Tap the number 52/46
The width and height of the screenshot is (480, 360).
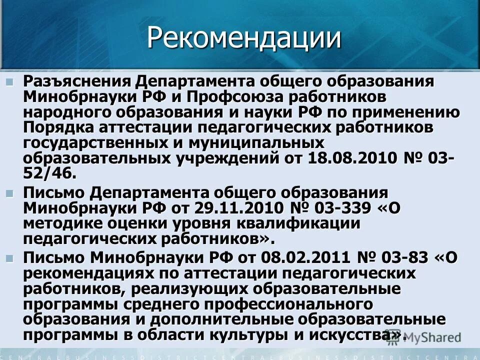(x=50, y=173)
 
